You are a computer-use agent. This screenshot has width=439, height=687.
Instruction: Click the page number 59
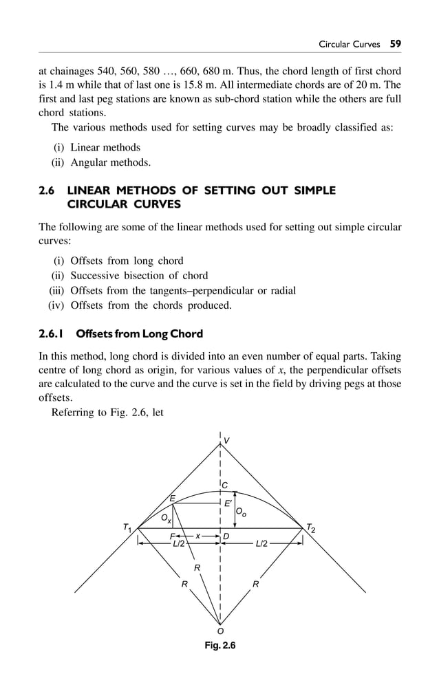coord(395,43)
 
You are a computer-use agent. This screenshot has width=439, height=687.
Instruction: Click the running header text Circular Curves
coord(349,44)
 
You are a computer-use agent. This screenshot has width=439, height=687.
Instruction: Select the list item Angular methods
coord(110,163)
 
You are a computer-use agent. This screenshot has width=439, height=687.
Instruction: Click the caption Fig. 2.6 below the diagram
coord(219,646)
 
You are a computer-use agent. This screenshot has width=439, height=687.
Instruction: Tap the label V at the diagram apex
coord(226,440)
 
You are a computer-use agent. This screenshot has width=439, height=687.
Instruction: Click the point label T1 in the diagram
coord(127,528)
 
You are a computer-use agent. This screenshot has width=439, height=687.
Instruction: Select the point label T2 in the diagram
coord(311,528)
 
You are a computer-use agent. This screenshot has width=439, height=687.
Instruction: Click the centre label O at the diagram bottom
coord(220,631)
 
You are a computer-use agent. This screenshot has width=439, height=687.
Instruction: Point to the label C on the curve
coord(225,486)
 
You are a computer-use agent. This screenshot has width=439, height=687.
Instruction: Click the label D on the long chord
coord(226,536)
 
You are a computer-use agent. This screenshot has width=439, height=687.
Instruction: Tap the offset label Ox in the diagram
coord(166,517)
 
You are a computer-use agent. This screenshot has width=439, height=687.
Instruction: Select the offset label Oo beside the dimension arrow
coord(241,512)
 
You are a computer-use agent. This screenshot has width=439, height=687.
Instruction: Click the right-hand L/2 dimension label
coord(261,544)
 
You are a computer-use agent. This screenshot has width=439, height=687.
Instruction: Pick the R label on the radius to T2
coord(255,584)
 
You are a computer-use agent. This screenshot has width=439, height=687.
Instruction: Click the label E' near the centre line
coord(228,503)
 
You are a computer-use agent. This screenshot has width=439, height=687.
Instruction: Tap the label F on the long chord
coord(172,536)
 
